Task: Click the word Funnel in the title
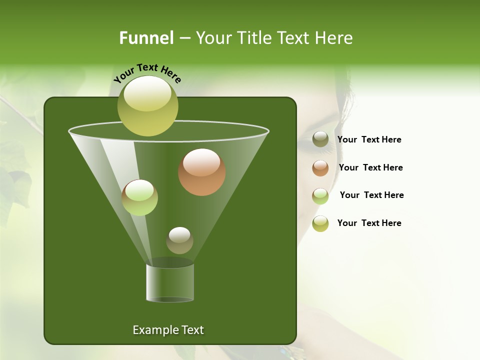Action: pos(146,38)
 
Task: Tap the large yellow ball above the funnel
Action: pos(147,105)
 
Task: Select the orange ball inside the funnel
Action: pos(201,171)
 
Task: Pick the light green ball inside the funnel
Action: pos(139,197)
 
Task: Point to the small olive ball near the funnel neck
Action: pos(179,240)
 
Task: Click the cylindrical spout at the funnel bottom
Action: pos(169,282)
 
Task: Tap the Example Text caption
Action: pos(168,330)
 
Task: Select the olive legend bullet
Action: pos(320,139)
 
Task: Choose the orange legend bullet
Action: pos(320,168)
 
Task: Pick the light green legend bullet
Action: pos(320,196)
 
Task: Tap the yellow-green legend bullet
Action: pos(320,223)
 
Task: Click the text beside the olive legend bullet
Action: pos(369,140)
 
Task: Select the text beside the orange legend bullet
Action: pos(370,168)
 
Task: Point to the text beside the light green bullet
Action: pos(371,195)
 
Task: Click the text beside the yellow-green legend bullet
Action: pos(369,223)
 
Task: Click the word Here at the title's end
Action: pos(334,38)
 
